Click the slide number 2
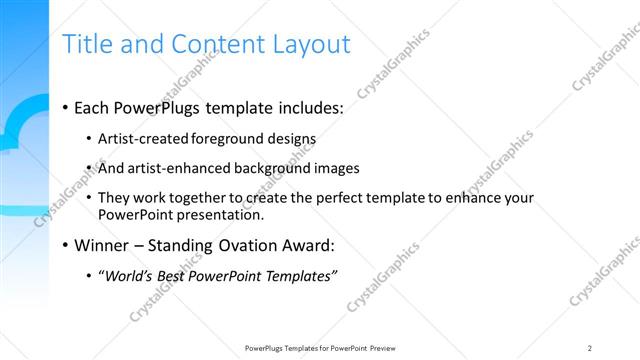[590, 347]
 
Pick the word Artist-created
[143, 138]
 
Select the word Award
[305, 245]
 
